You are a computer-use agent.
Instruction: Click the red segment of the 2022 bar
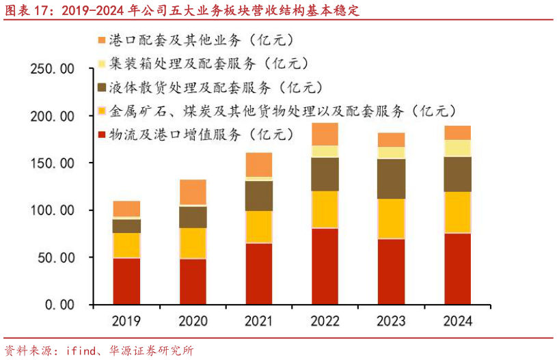(x=325, y=266)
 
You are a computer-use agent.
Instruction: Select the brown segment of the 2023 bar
(x=391, y=178)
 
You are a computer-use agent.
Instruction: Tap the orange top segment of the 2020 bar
(x=193, y=192)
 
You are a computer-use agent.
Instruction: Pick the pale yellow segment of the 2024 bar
(x=457, y=148)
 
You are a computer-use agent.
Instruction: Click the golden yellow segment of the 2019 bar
(x=126, y=245)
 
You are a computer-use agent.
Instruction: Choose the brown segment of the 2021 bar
(x=259, y=195)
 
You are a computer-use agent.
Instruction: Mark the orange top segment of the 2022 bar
(x=325, y=134)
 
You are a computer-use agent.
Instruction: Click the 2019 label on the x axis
(x=126, y=321)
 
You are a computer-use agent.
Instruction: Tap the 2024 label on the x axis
(x=457, y=321)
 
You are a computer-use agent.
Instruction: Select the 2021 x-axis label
(x=259, y=321)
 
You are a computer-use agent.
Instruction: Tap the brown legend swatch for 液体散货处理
(x=103, y=87)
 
